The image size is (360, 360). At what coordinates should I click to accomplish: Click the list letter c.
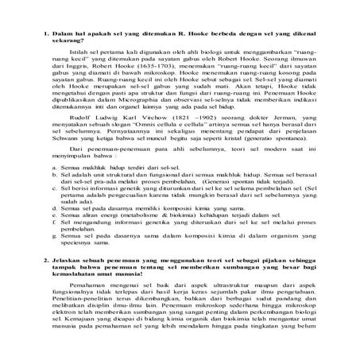(x=62, y=220)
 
